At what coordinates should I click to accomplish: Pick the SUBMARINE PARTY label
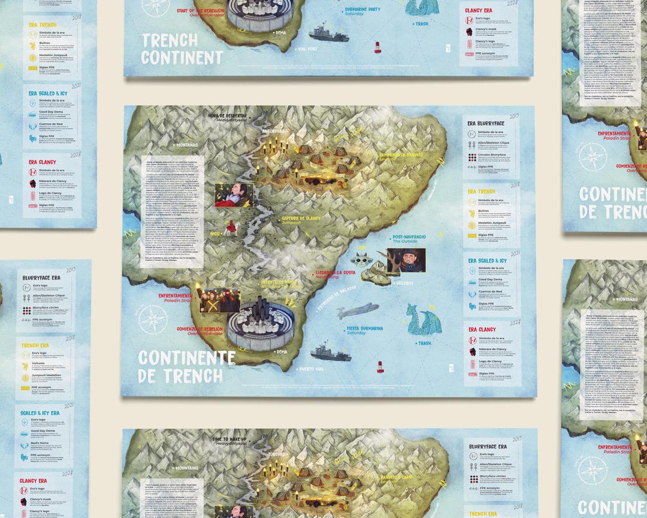coord(367,10)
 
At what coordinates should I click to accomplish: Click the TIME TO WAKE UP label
coord(239,439)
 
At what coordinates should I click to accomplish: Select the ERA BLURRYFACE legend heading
coord(486,123)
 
